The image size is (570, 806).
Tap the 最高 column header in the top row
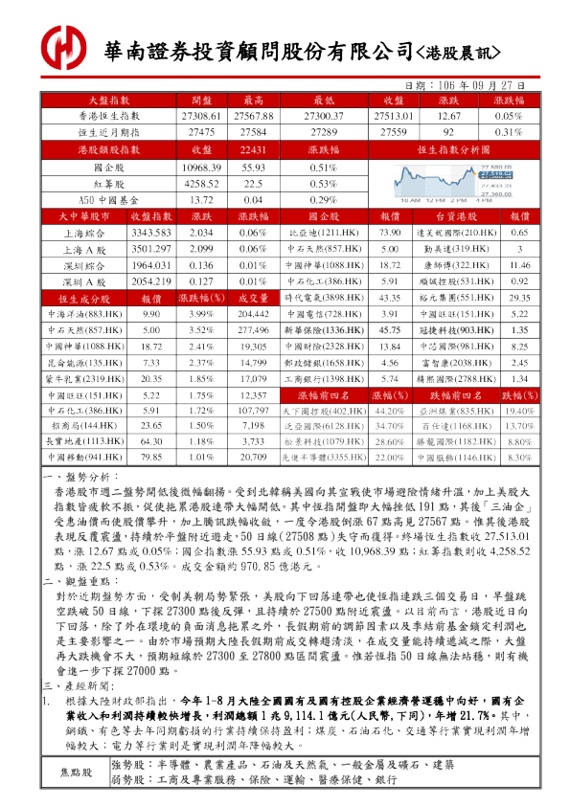(254, 100)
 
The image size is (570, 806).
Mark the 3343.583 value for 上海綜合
(150, 233)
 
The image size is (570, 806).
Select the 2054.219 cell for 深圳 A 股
(150, 281)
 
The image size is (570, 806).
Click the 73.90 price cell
(390, 233)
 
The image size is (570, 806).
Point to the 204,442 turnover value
(253, 314)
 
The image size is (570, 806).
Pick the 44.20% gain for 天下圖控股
(389, 411)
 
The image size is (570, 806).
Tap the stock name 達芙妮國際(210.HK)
(461, 233)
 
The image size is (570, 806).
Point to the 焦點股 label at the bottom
(77, 771)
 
